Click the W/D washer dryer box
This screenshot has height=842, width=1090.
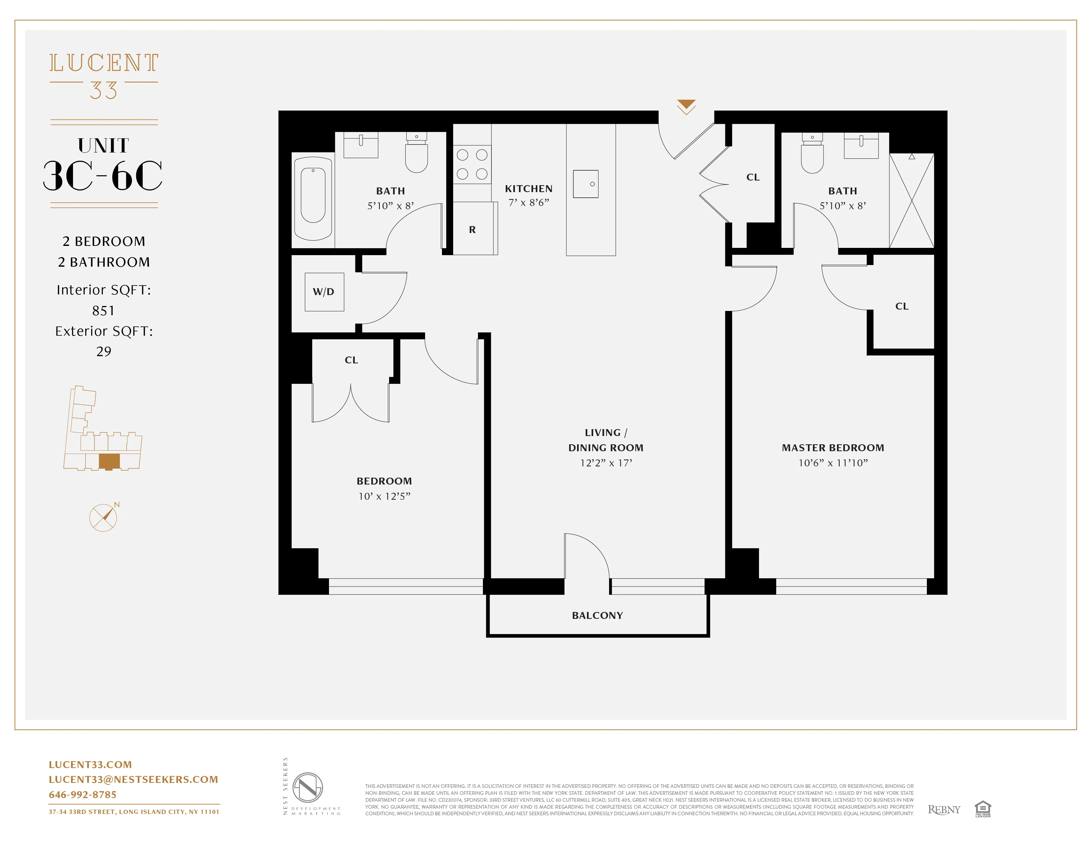[324, 292]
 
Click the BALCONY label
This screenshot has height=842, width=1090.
[598, 616]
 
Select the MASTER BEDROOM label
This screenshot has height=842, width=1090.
[832, 448]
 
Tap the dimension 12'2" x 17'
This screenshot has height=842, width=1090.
[606, 463]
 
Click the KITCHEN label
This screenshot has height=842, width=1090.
[528, 188]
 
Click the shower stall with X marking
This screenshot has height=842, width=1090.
[911, 201]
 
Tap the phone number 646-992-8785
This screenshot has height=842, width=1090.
[83, 794]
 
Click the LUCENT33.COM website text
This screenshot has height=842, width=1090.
[90, 765]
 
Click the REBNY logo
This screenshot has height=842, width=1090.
[943, 810]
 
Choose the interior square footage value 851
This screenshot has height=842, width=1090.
[103, 311]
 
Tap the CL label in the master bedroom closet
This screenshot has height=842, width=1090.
[901, 306]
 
